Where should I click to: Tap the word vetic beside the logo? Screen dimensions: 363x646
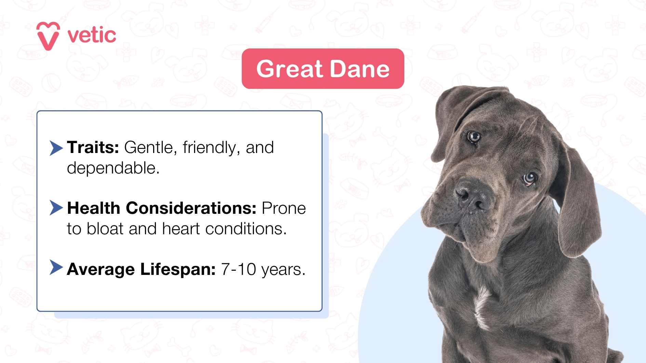[x=92, y=36]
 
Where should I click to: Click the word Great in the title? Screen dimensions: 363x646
[x=289, y=69]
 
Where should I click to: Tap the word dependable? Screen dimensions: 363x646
[x=113, y=168]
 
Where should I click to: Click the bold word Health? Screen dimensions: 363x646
[x=93, y=208]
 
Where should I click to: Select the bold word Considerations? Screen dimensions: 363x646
[x=191, y=208]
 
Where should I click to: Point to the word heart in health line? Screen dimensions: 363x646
[x=181, y=229]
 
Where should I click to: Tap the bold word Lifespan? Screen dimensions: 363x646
[x=178, y=269]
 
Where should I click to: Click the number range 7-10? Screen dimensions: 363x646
[x=239, y=269]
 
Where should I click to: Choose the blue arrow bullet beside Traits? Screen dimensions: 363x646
[x=56, y=148]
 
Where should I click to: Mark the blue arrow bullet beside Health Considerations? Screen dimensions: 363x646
[x=56, y=208]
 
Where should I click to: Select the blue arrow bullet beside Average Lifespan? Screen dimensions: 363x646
[x=56, y=267]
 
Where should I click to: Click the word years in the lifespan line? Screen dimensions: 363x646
[x=283, y=270]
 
